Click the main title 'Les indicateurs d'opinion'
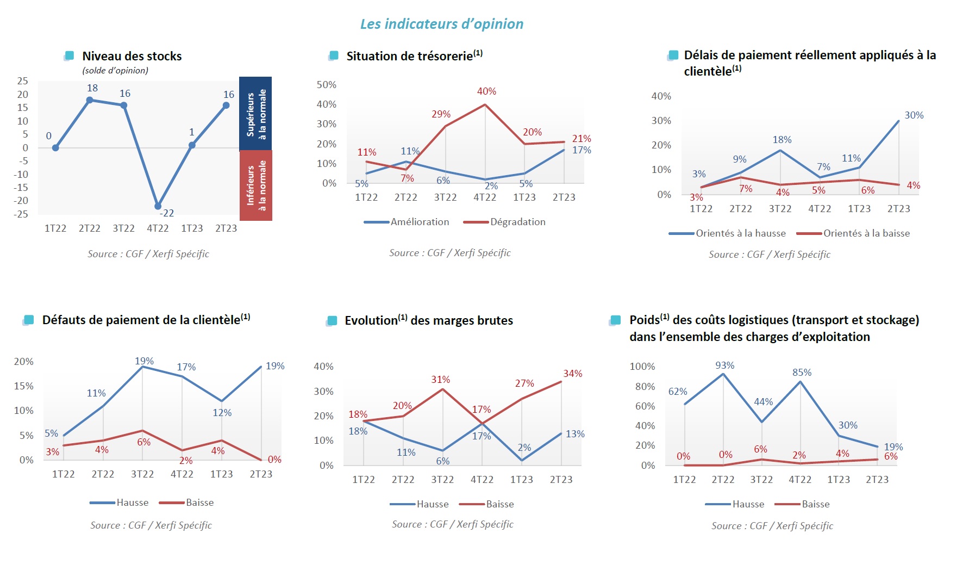point(442,24)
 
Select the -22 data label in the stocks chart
point(167,213)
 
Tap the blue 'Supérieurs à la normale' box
point(256,113)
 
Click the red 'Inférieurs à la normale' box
point(256,185)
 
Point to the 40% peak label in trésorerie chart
point(486,91)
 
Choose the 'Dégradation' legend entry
point(517,222)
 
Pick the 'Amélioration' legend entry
point(420,222)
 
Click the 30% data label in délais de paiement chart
point(914,115)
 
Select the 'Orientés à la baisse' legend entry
point(866,233)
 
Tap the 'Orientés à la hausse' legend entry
point(740,233)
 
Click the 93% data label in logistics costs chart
point(724,365)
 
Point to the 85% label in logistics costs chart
point(802,373)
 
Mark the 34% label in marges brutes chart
point(572,374)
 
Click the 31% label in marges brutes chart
point(440,380)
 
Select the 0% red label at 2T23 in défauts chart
point(274,460)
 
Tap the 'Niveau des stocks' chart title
point(132,56)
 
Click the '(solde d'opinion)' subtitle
point(115,71)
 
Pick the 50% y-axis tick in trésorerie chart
point(326,85)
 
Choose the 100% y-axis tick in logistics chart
point(642,367)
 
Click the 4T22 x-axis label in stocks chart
point(158,228)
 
